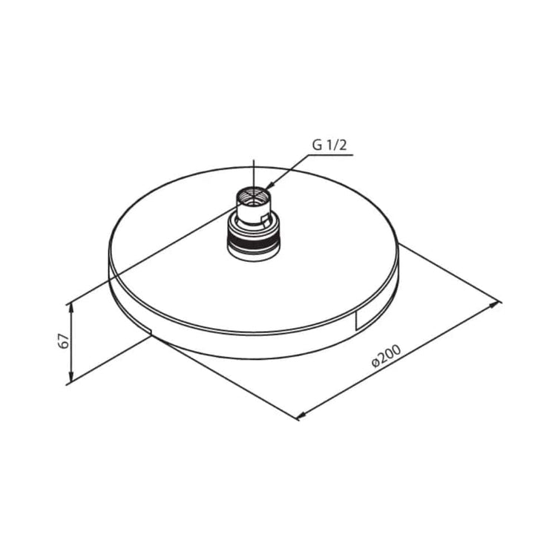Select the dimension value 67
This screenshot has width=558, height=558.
[65, 342]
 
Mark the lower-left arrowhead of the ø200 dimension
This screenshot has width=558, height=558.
[301, 416]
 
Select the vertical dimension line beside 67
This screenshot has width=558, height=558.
[71, 342]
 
